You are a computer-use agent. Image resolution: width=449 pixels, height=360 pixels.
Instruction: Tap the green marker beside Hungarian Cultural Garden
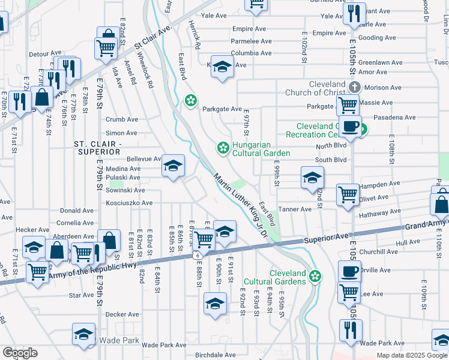pos(223,147)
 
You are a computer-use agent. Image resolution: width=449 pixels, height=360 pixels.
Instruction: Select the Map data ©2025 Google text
pos(412,355)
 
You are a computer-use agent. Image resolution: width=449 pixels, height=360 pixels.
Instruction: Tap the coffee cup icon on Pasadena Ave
pos(349,127)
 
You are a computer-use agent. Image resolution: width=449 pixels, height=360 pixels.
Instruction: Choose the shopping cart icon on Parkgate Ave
pos(348,105)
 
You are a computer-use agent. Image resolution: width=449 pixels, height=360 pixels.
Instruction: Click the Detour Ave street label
pos(46,54)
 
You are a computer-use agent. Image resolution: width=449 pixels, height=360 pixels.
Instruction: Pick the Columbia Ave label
pos(252,53)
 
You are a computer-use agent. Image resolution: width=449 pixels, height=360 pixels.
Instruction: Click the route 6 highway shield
pos(196,256)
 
